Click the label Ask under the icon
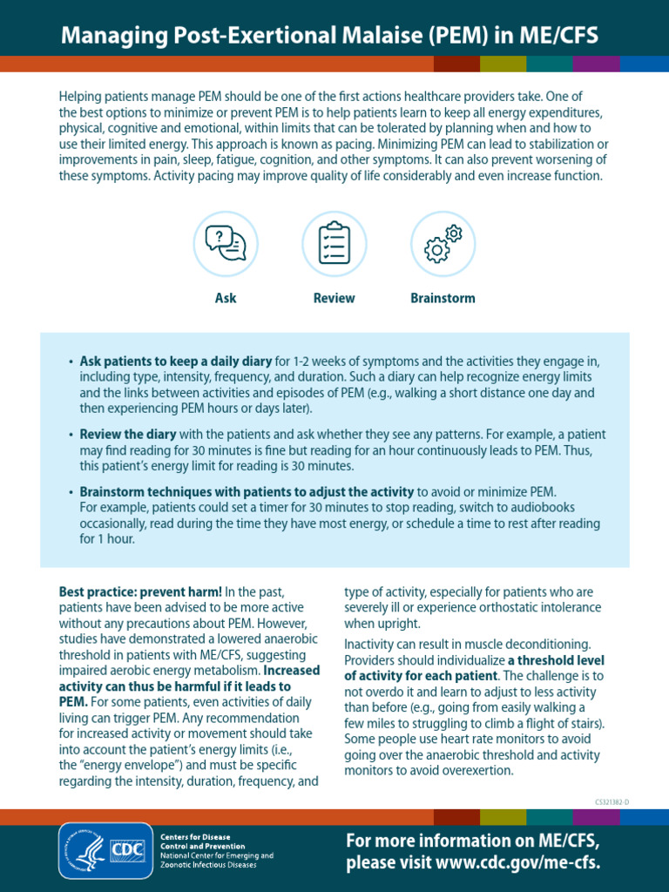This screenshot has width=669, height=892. point(226,298)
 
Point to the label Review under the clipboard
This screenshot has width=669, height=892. point(334,298)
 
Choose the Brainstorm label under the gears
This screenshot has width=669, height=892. point(443,298)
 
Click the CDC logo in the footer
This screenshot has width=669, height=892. point(127,849)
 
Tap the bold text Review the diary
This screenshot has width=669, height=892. point(128,434)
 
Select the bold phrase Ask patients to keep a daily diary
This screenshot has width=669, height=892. point(176,361)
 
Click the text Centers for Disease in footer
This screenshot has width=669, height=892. point(195,836)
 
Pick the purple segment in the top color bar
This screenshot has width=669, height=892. point(597,64)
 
